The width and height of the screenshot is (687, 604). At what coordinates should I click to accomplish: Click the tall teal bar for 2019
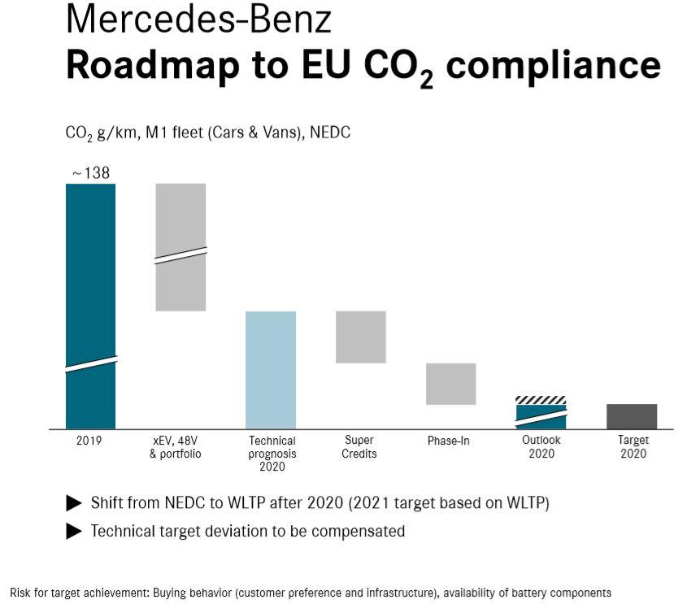click(x=90, y=276)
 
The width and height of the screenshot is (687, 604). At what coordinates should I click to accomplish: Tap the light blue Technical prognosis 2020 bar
click(x=271, y=370)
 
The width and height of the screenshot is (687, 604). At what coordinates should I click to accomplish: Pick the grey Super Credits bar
click(x=360, y=337)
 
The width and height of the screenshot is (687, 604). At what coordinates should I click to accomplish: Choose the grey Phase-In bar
click(x=451, y=384)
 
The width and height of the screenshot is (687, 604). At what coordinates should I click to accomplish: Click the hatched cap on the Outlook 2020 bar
click(x=541, y=400)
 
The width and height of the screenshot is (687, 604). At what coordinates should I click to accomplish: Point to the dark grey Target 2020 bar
click(x=632, y=416)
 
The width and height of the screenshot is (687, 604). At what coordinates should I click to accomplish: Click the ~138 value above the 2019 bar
click(x=90, y=173)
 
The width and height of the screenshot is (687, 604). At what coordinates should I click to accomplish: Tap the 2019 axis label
click(x=90, y=441)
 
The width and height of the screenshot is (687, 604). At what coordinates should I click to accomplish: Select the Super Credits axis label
click(x=359, y=447)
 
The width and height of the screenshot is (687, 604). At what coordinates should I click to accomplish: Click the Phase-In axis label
click(x=449, y=441)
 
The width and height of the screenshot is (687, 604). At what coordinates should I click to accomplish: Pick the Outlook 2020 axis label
click(x=541, y=447)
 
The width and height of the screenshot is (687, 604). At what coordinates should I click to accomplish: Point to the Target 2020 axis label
click(x=633, y=447)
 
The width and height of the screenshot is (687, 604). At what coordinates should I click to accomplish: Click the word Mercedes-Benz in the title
click(x=199, y=20)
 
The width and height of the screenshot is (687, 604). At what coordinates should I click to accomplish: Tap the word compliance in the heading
click(x=554, y=64)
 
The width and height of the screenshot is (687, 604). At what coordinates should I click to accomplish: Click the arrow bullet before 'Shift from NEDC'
click(x=74, y=503)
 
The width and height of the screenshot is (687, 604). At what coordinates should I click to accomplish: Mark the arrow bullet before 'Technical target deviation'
click(x=74, y=532)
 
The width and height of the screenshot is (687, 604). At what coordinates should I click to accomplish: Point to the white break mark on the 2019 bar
click(x=90, y=364)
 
